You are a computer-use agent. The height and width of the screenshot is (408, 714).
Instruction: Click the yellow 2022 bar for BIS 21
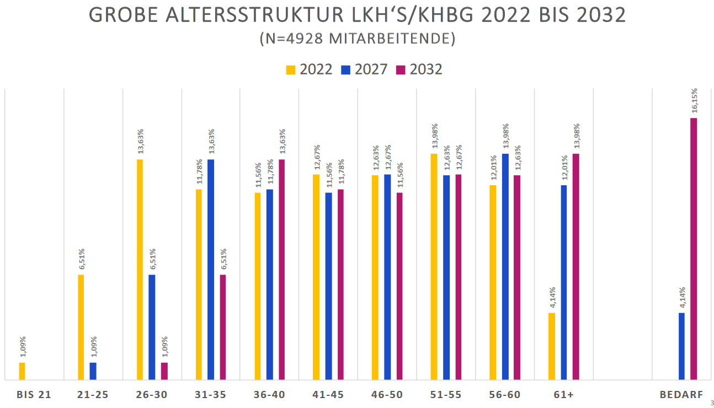pos(22,371)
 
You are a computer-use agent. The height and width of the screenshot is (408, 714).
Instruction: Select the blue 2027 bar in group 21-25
pos(93,371)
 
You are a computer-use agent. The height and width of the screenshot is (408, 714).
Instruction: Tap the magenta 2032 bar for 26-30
pos(164,371)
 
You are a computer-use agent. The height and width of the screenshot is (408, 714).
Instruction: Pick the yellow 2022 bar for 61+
pos(552,346)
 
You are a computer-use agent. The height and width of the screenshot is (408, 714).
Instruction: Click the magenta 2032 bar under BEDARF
pos(694,249)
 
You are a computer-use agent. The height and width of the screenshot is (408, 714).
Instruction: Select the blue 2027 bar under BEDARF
pos(681,346)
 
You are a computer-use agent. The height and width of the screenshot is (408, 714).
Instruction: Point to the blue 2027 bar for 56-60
pos(505,267)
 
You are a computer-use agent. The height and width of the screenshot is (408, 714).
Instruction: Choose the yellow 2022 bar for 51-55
pos(434,267)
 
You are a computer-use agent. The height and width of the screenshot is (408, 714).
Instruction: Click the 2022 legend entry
pos(310,69)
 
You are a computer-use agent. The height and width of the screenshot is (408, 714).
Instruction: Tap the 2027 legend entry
pos(364,69)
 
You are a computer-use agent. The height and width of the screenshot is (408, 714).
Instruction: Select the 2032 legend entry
pos(419,69)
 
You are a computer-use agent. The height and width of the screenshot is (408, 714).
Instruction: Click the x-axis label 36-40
pos(269,395)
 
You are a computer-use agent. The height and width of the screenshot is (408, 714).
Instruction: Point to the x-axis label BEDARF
pos(681,395)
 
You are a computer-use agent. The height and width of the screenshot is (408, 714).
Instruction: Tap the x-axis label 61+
pos(564,395)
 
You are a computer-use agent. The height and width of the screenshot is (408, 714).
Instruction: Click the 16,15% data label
pos(694,101)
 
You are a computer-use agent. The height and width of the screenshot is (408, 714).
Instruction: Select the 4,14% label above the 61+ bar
pos(552,298)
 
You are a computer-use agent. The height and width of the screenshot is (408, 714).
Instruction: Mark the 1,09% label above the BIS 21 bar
pos(22,348)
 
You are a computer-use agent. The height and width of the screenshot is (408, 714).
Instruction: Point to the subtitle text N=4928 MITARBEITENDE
pos(357,39)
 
